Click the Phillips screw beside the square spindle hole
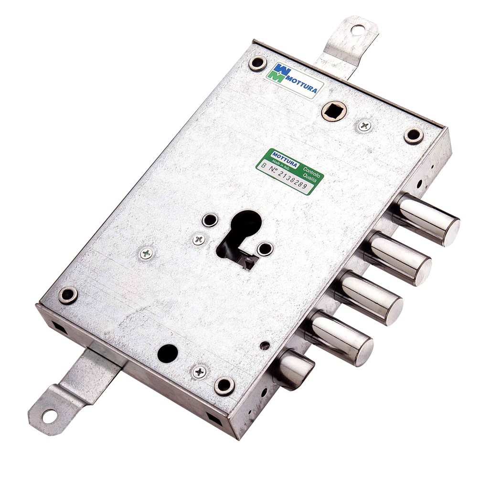pos(364,126)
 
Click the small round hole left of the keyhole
pos(209,220)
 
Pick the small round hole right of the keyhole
pos(264,249)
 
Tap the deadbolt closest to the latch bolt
pos(340,337)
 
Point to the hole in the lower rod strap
pos(48,416)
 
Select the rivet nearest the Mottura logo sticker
pos(258,63)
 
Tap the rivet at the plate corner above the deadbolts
pos(413,135)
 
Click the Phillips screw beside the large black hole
pos(199,372)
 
